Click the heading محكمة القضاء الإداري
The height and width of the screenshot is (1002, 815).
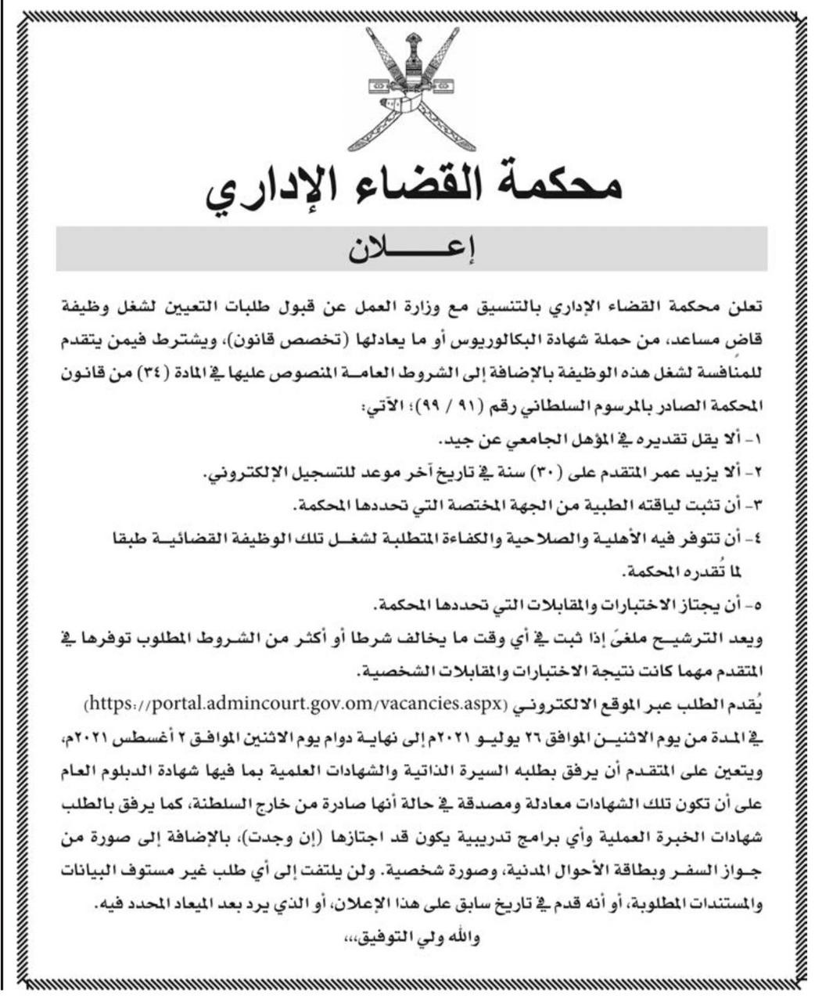coord(415,190)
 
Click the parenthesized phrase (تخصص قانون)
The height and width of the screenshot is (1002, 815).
coord(336,341)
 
